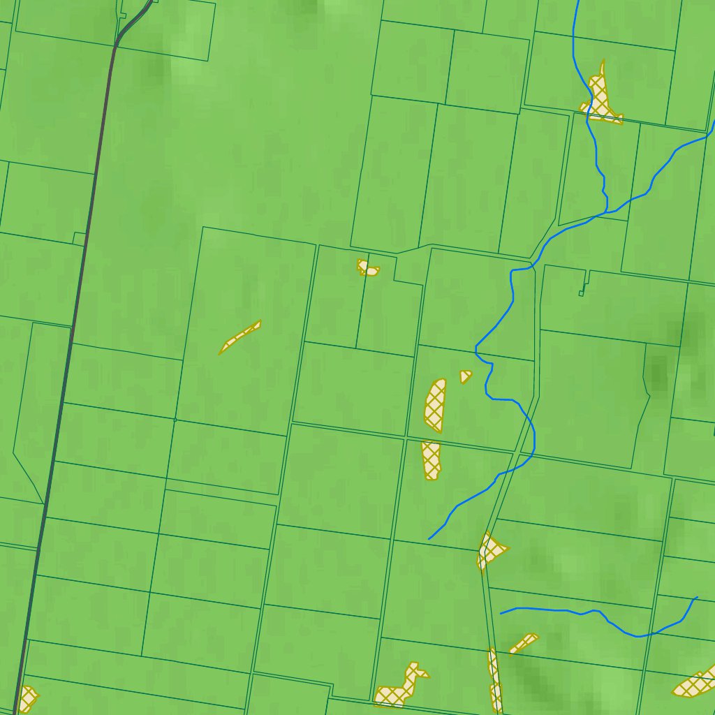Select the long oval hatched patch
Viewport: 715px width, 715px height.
(x=434, y=405)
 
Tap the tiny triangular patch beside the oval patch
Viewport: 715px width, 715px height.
(x=464, y=376)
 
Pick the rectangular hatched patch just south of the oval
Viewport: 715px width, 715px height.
(x=431, y=460)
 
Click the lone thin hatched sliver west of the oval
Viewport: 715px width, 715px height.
(x=239, y=337)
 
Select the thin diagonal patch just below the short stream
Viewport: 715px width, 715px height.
(x=524, y=642)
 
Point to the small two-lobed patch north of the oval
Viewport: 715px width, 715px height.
(x=367, y=267)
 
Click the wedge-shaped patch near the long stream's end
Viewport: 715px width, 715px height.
(x=491, y=550)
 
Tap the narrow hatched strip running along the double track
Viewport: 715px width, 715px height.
(x=494, y=681)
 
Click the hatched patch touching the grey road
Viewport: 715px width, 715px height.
(x=27, y=698)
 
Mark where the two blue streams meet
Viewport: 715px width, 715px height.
(x=606, y=209)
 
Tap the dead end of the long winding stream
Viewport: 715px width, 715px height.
(x=429, y=539)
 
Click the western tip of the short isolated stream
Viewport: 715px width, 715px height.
(x=501, y=614)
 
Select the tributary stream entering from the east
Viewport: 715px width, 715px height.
(x=670, y=157)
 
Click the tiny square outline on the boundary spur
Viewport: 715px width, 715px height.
(x=581, y=294)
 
